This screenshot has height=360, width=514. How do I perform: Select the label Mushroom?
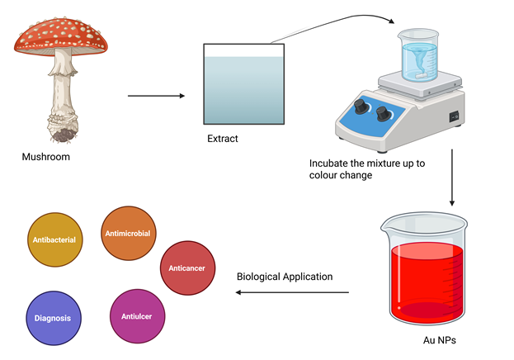[x=45, y=157]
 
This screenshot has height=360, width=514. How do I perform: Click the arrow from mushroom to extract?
[x=156, y=96]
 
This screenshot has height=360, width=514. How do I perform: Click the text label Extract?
[x=222, y=139]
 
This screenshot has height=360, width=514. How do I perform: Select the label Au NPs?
[x=429, y=339]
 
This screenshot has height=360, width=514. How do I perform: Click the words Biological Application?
[x=285, y=277]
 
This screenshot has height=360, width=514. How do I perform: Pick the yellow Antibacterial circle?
[x=54, y=239]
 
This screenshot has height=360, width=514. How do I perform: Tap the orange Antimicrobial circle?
[x=128, y=233]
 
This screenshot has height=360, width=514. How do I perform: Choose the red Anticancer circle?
[x=187, y=268]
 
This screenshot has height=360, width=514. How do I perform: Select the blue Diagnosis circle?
[x=52, y=317]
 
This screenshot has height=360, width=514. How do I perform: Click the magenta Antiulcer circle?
[x=136, y=316]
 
